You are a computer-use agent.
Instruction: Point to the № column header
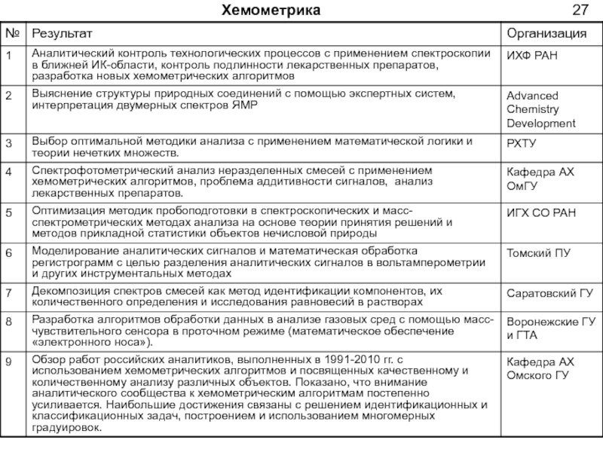point(13,34)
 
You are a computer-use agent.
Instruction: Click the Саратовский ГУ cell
point(548,292)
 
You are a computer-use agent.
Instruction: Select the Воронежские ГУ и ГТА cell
point(550,328)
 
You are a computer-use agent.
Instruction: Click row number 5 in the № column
point(9,214)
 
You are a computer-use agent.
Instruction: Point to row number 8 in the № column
point(9,322)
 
